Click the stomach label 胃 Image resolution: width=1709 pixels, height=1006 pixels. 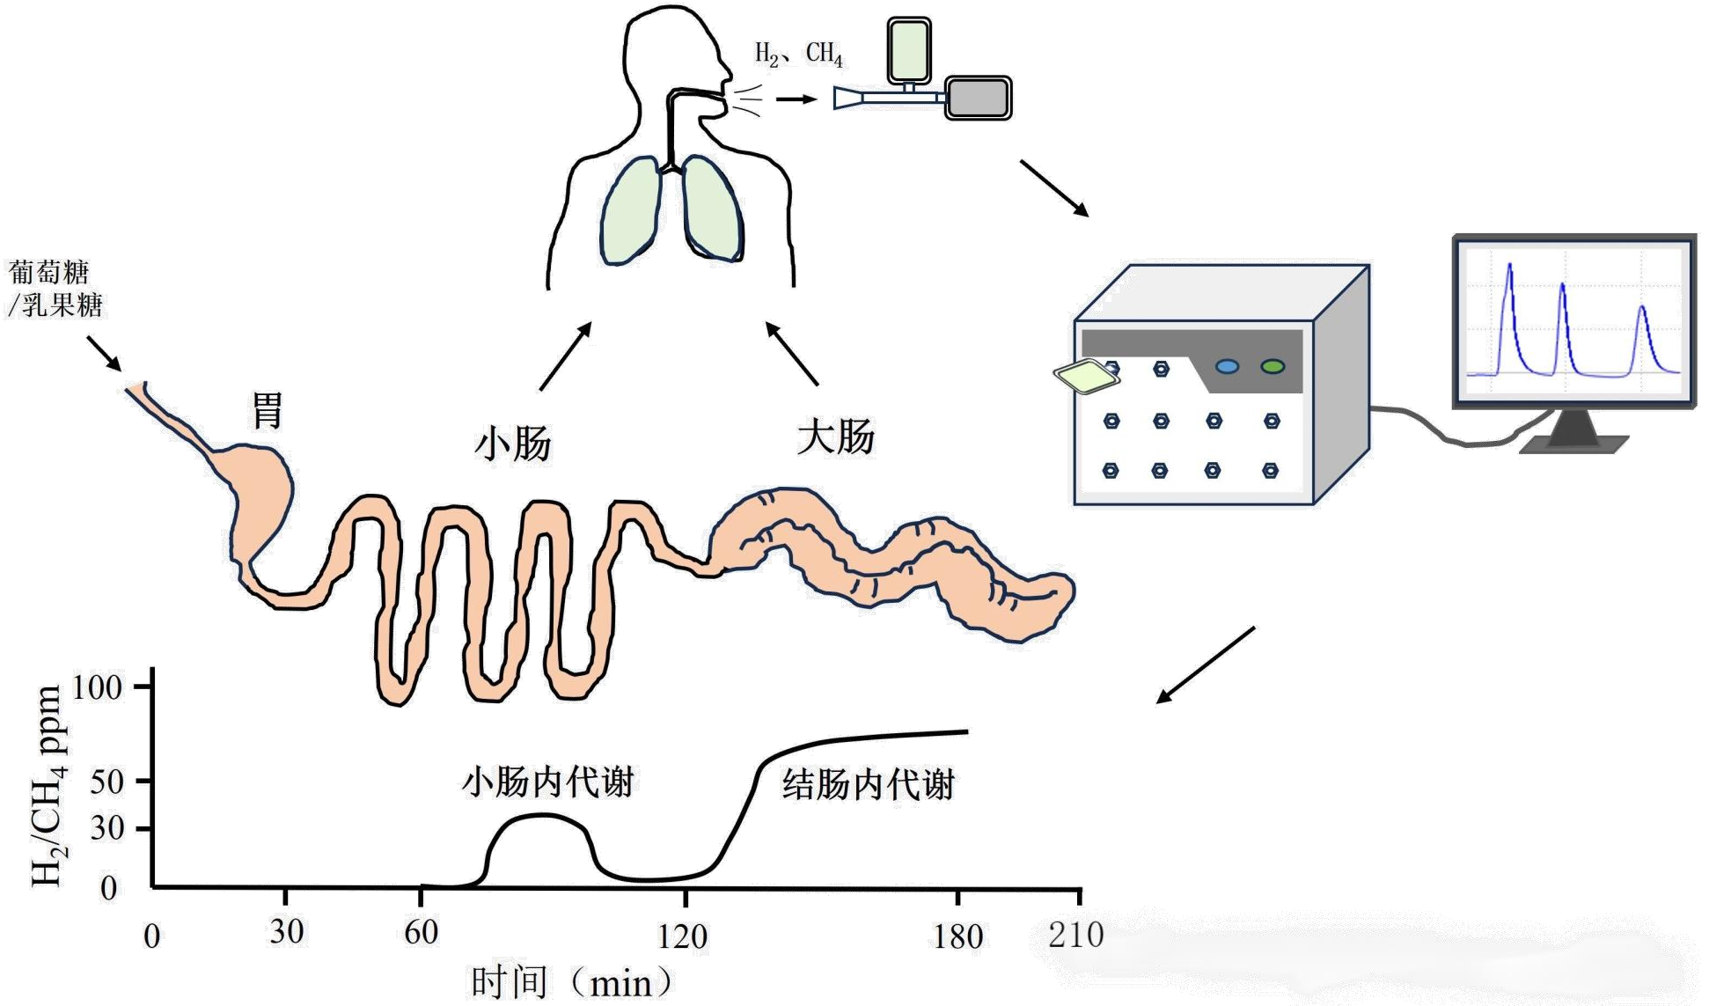click(268, 411)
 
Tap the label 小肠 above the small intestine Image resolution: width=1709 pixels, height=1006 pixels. click(512, 442)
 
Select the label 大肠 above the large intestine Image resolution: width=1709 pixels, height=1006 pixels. click(835, 437)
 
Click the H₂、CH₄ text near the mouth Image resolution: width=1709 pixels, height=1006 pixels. click(798, 55)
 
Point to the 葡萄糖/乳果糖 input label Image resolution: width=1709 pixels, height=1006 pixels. click(55, 289)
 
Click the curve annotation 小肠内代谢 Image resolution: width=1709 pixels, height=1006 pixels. click(547, 782)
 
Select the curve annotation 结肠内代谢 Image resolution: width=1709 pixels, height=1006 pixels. click(868, 784)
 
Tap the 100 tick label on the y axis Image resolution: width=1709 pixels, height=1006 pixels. click(97, 687)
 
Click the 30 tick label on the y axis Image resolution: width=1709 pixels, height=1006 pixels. click(106, 828)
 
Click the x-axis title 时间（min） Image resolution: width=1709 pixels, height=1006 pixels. click(572, 982)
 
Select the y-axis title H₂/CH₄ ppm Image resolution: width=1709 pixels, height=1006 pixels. click(48, 786)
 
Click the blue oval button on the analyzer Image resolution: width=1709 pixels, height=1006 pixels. click(1227, 366)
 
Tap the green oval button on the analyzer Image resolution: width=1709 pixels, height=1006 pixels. click(1273, 366)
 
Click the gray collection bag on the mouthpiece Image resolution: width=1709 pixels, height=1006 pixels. click(979, 97)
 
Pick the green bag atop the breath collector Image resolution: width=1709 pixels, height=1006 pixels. click(909, 49)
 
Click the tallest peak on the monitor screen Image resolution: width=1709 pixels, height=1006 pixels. click(1509, 266)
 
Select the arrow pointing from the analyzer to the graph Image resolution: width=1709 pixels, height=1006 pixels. click(1205, 665)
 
